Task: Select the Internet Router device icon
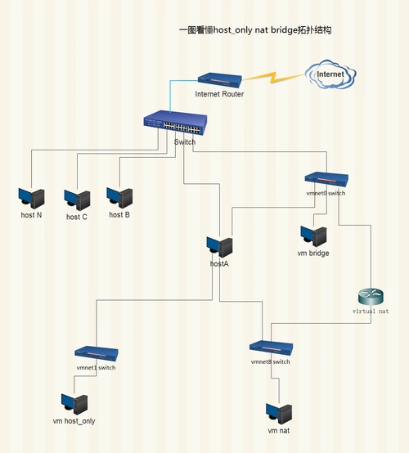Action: [x=219, y=80]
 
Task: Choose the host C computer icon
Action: [x=77, y=200]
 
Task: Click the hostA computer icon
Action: [x=219, y=246]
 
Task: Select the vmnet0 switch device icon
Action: [x=326, y=179]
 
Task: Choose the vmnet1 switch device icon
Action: [x=97, y=353]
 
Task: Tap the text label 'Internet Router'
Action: [x=219, y=94]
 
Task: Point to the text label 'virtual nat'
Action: [x=371, y=312]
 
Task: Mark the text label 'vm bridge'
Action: [x=313, y=253]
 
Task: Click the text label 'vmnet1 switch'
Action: [x=97, y=368]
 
